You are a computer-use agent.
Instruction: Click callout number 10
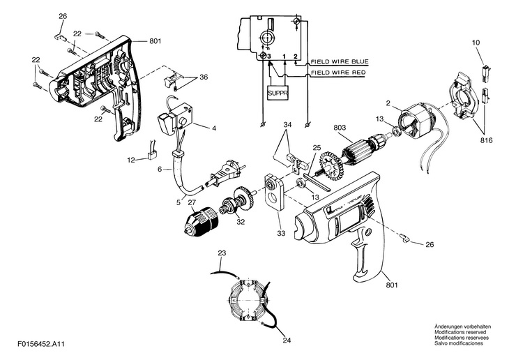click(476, 43)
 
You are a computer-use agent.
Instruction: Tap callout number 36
click(204, 77)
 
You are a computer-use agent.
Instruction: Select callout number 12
click(132, 160)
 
